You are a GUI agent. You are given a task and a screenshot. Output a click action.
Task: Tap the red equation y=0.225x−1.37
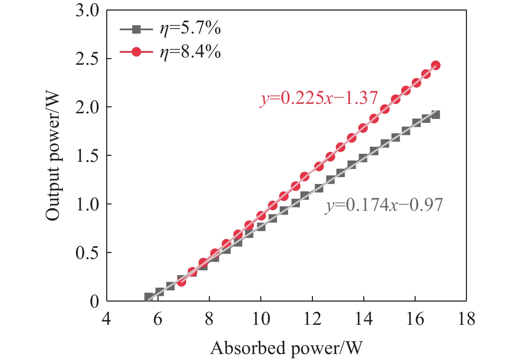point(319,98)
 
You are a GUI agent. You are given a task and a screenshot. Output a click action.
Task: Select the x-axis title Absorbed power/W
point(286,348)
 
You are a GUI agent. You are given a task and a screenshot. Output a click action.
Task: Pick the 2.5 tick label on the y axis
point(88,59)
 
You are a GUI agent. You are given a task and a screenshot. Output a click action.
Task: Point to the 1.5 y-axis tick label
point(88,156)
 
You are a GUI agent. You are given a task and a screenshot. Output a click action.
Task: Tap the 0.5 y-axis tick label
point(88,253)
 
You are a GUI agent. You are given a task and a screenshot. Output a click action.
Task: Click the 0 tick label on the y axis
point(95,301)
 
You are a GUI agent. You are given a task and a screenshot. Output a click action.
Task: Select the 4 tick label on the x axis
point(106,319)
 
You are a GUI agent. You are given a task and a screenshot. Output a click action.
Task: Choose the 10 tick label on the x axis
point(261,319)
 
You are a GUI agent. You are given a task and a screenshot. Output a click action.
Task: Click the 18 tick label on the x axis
point(466,319)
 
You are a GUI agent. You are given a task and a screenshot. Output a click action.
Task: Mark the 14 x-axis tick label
point(363,319)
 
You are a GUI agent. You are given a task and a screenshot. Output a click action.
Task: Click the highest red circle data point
point(436,65)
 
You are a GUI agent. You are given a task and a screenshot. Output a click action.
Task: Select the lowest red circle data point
point(181,282)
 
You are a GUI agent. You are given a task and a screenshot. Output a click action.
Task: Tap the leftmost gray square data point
point(148,297)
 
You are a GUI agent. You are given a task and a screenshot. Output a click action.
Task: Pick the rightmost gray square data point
point(436,115)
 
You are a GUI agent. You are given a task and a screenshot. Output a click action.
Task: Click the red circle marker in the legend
point(136,52)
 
